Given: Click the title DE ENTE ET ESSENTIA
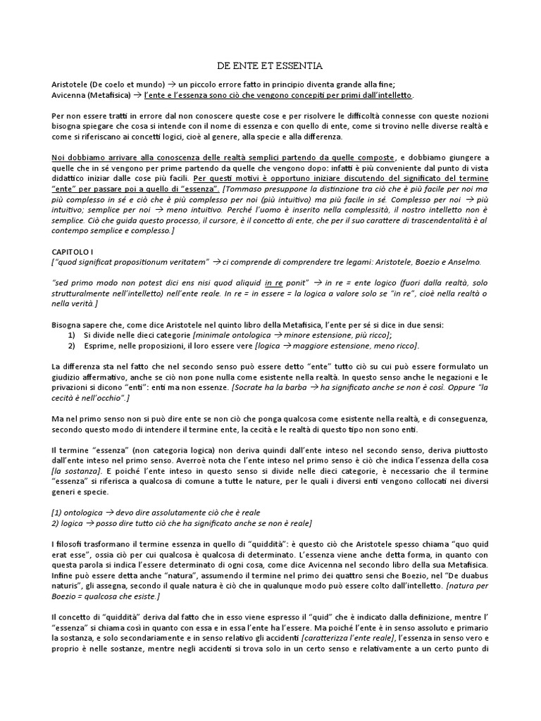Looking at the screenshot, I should [270, 66].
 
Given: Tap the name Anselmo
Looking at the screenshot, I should [461, 261].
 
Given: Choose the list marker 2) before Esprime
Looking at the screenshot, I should [73, 346].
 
